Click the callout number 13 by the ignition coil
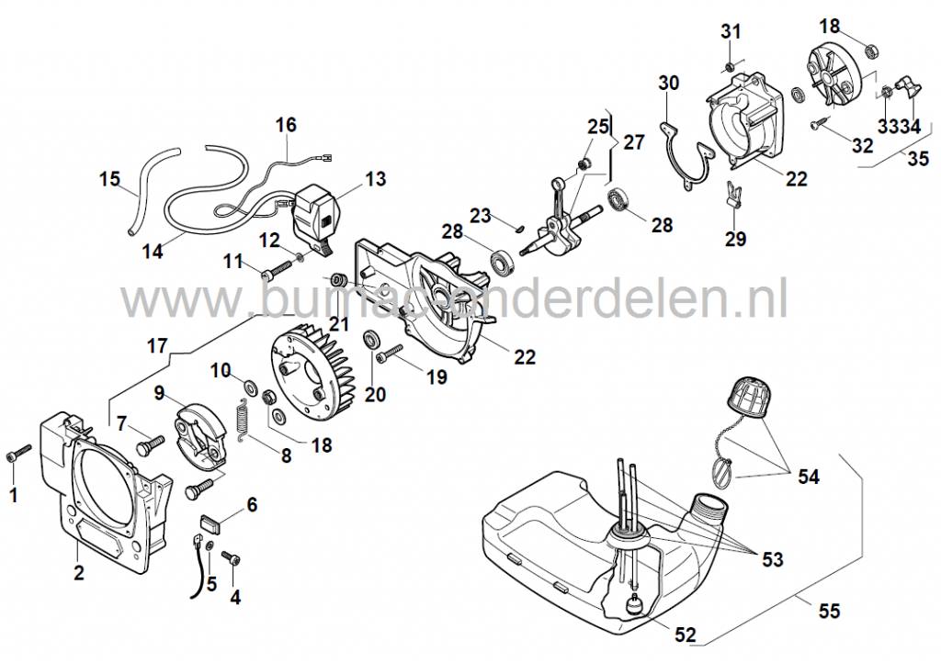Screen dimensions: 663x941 coord(375,178)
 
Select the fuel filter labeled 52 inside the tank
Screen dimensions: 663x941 coord(633,607)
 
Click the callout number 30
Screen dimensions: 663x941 coord(668,84)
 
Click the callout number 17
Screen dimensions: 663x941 coord(157,347)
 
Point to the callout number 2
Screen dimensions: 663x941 coord(79,574)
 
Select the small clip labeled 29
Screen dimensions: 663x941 coord(733,195)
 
